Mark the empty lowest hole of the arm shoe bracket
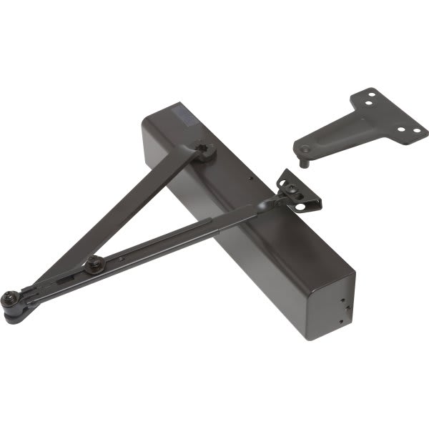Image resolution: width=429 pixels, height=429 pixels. (309, 206)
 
